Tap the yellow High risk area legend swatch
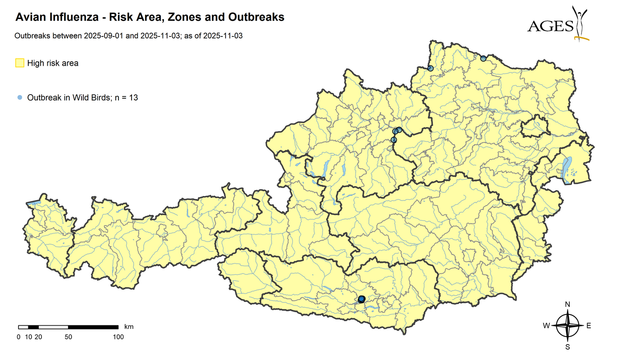click(x=20, y=63)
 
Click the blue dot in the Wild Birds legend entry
click(x=19, y=97)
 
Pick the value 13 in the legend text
click(x=133, y=97)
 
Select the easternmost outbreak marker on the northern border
click(x=483, y=58)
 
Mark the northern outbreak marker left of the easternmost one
click(x=430, y=68)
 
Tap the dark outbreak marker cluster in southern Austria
click(x=361, y=299)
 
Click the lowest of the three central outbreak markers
click(x=394, y=140)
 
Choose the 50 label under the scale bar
click(x=68, y=337)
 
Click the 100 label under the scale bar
click(x=118, y=337)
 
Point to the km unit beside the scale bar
click(x=129, y=326)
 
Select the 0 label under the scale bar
click(x=18, y=337)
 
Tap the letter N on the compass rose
click(x=567, y=305)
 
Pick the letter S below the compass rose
click(x=567, y=347)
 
